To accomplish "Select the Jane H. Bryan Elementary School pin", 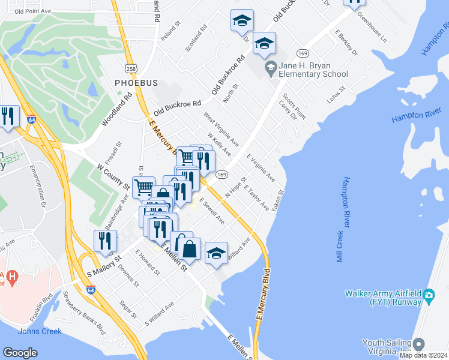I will tap(271, 68).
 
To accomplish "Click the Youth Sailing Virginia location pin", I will tap(419, 344).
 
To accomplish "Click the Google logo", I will tap(20, 352).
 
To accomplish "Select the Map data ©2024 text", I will tap(424, 355).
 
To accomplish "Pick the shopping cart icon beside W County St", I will tap(143, 187).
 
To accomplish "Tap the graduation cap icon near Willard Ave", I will tap(216, 253).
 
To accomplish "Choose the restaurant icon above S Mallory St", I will tap(105, 241).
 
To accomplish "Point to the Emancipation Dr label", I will tap(41, 184).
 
